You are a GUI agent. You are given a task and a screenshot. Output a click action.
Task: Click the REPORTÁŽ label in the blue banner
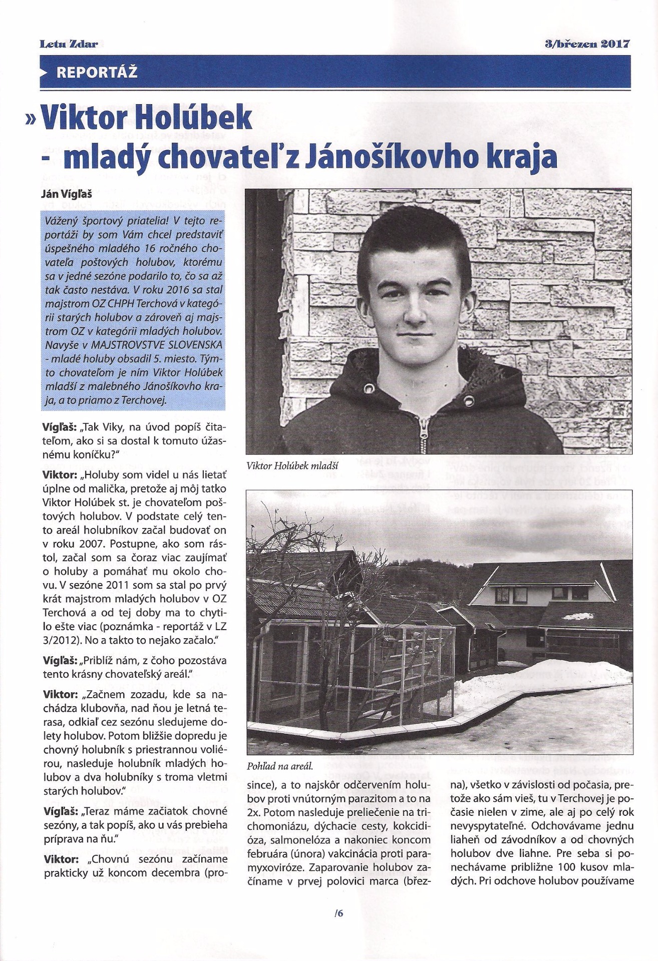97,73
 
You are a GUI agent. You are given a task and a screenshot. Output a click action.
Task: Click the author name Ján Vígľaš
69,194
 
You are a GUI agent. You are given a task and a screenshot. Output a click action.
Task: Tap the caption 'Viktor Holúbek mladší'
293,466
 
